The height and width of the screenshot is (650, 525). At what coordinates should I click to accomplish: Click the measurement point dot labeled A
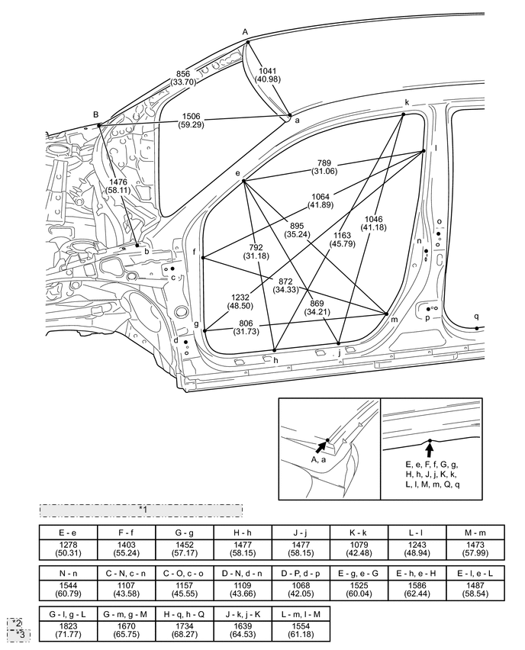[247, 42]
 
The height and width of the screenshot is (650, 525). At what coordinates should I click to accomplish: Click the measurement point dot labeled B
[98, 125]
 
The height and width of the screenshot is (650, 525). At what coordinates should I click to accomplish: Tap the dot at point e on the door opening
[244, 181]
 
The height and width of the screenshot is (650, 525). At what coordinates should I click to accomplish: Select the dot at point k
[403, 114]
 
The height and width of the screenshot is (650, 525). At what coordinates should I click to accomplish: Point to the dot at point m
[386, 314]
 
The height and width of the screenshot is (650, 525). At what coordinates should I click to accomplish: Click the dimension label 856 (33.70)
[183, 78]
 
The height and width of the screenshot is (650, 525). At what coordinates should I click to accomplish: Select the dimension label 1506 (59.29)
[192, 121]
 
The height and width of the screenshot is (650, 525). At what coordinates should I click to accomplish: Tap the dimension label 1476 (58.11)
[118, 186]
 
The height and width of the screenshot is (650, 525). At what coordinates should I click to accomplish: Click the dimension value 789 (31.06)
[324, 167]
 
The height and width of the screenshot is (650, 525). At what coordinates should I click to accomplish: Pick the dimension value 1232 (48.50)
[240, 301]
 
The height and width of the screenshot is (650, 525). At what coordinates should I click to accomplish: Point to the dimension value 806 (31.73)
[246, 327]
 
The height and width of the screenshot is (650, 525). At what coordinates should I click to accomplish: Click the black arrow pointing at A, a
[321, 446]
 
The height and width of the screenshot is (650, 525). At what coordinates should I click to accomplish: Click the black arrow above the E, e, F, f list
[430, 449]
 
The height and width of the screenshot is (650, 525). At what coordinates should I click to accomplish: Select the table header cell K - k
[359, 533]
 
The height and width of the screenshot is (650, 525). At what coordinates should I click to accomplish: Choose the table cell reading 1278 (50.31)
[69, 549]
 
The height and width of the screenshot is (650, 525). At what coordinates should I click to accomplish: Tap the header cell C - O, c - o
[185, 574]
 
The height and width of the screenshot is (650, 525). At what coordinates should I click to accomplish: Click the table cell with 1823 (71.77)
[69, 630]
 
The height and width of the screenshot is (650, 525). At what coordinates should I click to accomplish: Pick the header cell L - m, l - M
[301, 614]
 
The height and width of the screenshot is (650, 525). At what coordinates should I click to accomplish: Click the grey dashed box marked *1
[141, 510]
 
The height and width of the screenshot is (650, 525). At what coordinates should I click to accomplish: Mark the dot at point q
[476, 328]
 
